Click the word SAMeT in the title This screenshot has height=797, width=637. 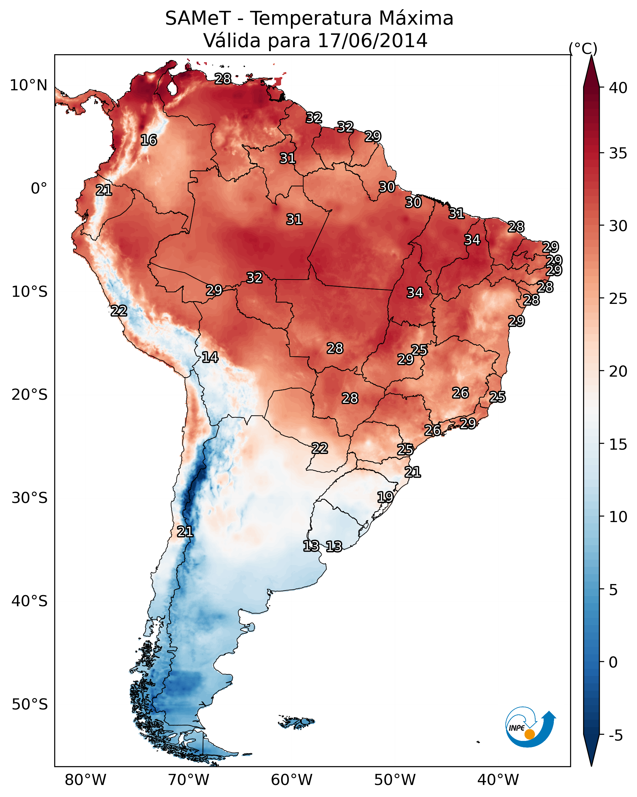198,18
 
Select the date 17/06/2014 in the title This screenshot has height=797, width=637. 372,41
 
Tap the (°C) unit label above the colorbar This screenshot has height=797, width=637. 583,48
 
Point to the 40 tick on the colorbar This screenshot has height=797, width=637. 618,88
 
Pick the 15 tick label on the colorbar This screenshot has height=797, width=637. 618,444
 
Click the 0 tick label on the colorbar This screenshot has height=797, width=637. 613,662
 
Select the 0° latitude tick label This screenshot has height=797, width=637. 39,189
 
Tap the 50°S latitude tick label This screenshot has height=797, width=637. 30,705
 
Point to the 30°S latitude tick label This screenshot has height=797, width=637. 30,498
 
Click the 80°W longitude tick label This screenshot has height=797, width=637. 85,780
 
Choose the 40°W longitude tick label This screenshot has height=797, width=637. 498,780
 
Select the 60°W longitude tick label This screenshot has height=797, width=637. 292,780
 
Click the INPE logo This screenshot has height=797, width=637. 529,727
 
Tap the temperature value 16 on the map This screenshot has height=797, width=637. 149,140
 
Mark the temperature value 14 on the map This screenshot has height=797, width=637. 210,357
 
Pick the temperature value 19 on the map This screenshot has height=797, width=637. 385,497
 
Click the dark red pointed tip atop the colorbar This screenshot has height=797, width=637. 591,70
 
